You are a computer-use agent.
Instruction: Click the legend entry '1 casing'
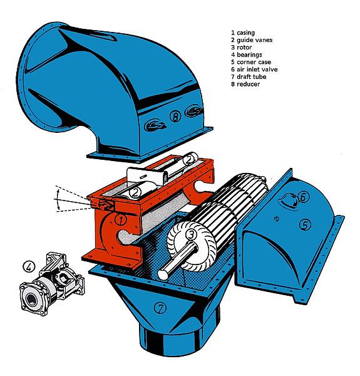pyautogui.click(x=243, y=33)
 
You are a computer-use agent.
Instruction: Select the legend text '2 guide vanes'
pyautogui.click(x=252, y=40)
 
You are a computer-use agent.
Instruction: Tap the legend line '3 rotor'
pyautogui.click(x=242, y=47)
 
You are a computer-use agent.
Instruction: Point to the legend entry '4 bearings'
pyautogui.click(x=247, y=55)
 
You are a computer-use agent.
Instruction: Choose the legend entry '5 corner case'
pyautogui.click(x=251, y=62)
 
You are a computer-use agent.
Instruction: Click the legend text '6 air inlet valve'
pyautogui.click(x=254, y=70)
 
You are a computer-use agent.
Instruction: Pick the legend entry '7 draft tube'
pyautogui.click(x=249, y=76)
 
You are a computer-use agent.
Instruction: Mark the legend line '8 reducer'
pyautogui.click(x=245, y=84)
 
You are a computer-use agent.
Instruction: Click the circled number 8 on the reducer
pyautogui.click(x=175, y=117)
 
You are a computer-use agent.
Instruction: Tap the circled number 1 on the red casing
pyautogui.click(x=121, y=219)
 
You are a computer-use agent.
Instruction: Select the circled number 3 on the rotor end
pyautogui.click(x=191, y=234)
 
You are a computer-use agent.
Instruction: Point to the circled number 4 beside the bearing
pyautogui.click(x=29, y=267)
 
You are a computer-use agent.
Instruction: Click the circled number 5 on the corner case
pyautogui.click(x=305, y=225)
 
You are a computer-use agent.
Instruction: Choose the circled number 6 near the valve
pyautogui.click(x=303, y=197)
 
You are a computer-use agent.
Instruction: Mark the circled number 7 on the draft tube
pyautogui.click(x=160, y=308)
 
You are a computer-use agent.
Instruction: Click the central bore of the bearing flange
pyautogui.click(x=31, y=299)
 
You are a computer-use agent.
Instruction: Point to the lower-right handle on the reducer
pyautogui.click(x=193, y=111)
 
